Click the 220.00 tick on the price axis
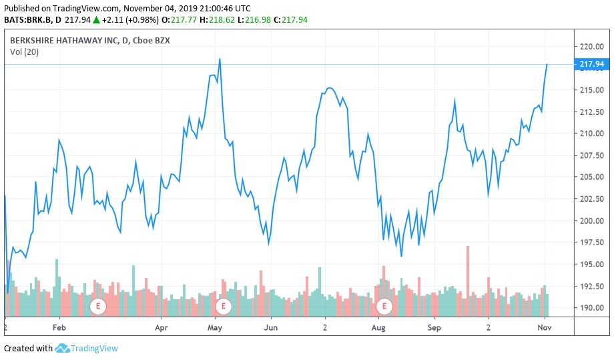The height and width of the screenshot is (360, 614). coord(591,47)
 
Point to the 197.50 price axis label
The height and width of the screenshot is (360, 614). coord(591,243)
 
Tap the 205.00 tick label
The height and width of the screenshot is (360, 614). coord(591,177)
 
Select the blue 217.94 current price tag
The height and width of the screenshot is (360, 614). coord(591,64)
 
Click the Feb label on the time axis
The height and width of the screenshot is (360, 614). coord(59,329)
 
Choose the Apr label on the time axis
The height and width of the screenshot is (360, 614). coord(161,329)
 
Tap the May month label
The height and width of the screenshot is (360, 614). coord(215,329)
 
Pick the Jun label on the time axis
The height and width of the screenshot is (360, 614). coord(271,329)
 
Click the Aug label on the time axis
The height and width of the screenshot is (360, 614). coord(378,329)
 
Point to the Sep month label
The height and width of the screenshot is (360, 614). coord(434,329)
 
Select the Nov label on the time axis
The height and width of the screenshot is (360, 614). coord(545,329)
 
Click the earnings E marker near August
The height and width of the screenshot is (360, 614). coord(384,307)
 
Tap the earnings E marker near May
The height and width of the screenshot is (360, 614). coord(223,307)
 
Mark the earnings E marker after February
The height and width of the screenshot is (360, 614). coord(98,307)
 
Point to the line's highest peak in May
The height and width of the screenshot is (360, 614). coord(220,59)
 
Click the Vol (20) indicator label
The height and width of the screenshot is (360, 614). coord(24,52)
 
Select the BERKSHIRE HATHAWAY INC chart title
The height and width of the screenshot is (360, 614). coord(90,41)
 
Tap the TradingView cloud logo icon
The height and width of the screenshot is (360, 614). coord(63,348)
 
